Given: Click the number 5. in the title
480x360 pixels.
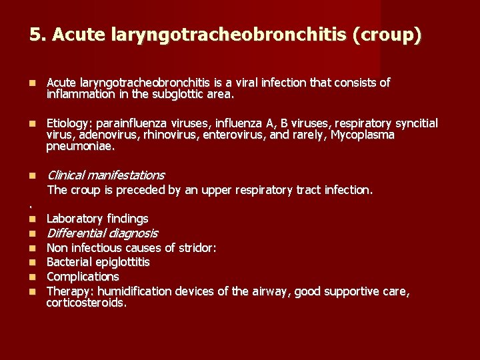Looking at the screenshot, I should point(37,34).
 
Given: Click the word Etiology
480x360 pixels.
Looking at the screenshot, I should point(68,123).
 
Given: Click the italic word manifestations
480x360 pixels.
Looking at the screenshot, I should point(125,175).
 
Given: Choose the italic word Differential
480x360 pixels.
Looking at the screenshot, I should point(75,233).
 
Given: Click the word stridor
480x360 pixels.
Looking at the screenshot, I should point(195,248).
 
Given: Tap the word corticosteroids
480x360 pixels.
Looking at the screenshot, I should point(86,303).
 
